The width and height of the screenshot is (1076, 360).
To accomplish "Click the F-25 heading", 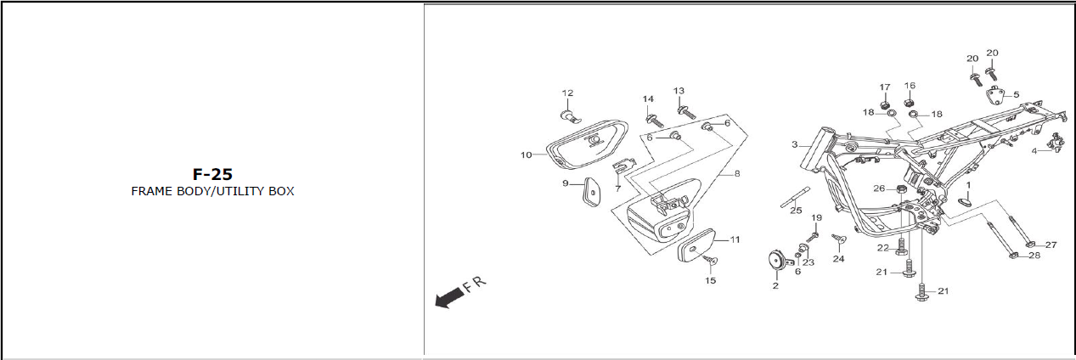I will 212,174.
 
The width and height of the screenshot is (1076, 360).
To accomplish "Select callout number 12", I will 567,93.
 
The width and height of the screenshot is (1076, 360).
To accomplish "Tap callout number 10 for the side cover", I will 527,155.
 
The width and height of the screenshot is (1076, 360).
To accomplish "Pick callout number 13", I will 679,91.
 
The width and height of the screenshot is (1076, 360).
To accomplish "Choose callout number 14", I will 648,99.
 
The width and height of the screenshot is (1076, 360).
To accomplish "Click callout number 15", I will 710,280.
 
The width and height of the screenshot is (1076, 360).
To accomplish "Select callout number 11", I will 735,239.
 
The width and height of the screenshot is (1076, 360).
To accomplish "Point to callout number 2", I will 775,286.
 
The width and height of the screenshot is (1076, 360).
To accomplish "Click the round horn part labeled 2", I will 775,261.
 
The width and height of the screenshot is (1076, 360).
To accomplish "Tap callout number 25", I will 796,211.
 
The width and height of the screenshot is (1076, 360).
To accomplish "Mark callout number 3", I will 795,145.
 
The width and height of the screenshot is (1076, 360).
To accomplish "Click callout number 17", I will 885,87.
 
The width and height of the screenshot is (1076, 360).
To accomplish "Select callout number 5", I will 1016,94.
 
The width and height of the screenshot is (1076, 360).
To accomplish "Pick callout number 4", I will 1034,151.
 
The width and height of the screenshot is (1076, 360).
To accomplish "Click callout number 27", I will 1051,245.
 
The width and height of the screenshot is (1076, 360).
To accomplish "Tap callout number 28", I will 1034,256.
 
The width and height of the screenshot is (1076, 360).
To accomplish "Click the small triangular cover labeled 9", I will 584,192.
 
